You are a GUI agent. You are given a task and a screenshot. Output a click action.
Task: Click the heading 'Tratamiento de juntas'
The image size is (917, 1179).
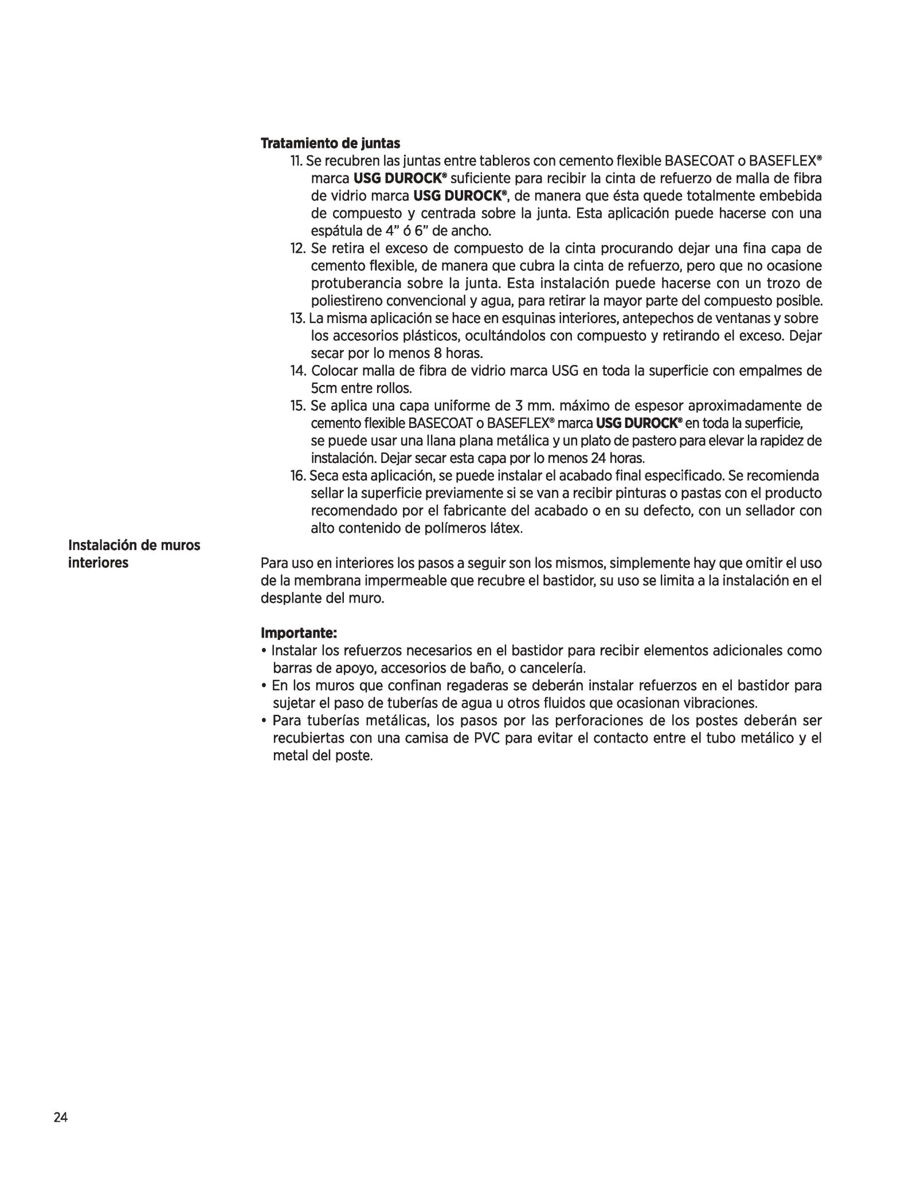(x=330, y=143)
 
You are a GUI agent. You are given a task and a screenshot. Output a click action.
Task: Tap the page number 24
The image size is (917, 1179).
(x=60, y=1118)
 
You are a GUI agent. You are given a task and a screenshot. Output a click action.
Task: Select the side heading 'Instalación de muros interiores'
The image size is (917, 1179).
(x=134, y=554)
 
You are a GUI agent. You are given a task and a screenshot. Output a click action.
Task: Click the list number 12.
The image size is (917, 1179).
(x=298, y=249)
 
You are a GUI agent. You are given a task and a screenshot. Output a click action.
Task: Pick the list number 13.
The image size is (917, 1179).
(x=298, y=319)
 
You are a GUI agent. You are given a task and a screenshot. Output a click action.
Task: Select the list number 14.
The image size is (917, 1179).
(x=298, y=371)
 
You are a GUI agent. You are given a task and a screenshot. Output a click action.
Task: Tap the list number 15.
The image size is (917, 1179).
(x=298, y=406)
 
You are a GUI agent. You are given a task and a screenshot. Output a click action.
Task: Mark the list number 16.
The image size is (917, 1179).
(x=298, y=476)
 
